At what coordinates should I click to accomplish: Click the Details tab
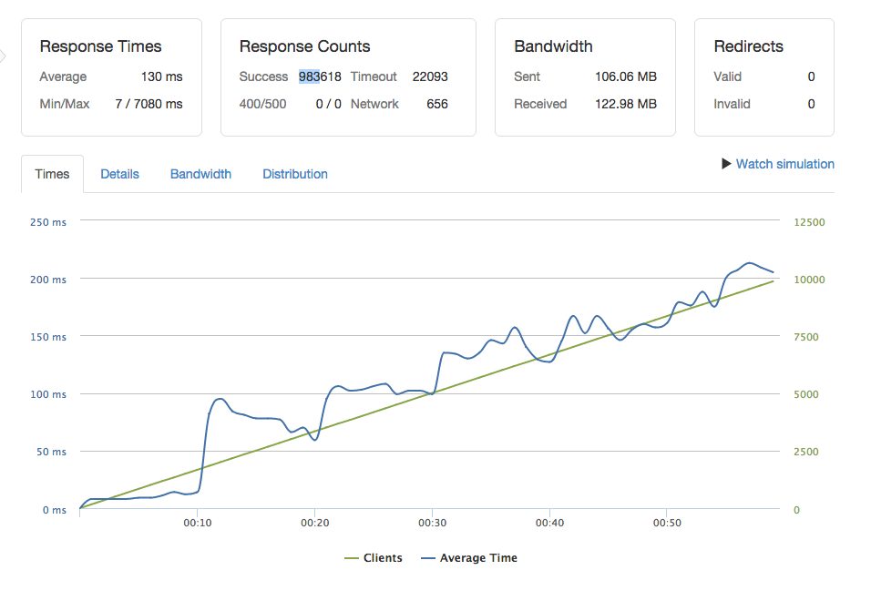point(119,174)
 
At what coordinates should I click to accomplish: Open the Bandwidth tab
point(200,174)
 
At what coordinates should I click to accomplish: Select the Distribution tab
point(295,174)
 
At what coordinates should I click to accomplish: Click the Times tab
point(52,174)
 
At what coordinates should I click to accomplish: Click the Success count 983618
point(320,76)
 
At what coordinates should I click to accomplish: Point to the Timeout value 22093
point(430,76)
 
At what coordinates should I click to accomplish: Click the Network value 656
point(437,104)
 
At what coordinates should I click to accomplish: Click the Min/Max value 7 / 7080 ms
point(149,104)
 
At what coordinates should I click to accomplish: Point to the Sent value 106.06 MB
point(626,76)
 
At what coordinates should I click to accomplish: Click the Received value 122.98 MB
point(625,104)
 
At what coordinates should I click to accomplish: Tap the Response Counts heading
point(304,46)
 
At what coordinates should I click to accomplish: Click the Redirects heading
point(748,46)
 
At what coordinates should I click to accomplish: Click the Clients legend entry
point(373,558)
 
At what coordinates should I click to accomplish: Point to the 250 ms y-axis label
point(48,222)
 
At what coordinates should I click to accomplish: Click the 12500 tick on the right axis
point(809,222)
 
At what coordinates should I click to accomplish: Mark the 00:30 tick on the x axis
point(432,524)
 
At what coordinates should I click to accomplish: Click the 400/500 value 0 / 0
point(328,104)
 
